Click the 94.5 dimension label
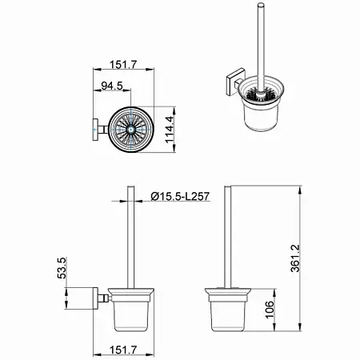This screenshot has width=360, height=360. click(112, 86)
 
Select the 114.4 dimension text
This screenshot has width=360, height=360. click(170, 130)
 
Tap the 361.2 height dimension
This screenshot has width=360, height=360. click(295, 258)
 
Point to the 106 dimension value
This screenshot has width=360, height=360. click(270, 310)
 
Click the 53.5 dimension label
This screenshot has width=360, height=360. click(62, 268)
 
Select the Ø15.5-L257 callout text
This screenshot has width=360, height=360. click(180, 197)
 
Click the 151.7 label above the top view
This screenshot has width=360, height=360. click(123, 65)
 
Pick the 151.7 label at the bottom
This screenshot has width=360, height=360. click(123, 350)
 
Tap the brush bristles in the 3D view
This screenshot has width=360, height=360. click(258, 94)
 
